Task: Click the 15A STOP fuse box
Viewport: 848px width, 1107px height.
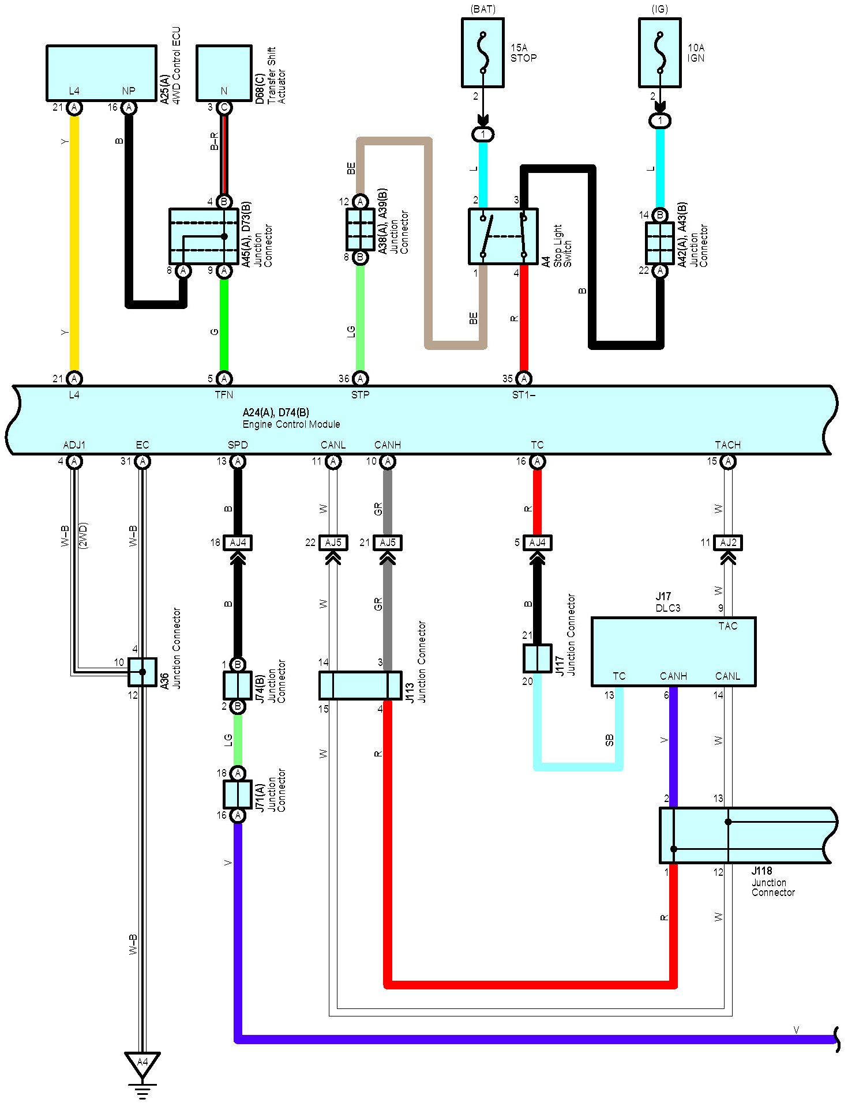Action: point(483,52)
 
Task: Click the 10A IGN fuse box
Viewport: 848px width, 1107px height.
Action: point(660,52)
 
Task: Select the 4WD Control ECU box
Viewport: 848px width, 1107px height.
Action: point(102,73)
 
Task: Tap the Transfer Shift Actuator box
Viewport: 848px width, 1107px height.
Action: point(224,73)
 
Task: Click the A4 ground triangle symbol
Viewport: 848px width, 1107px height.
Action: point(142,1064)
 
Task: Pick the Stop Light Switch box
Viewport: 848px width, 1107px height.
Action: point(503,236)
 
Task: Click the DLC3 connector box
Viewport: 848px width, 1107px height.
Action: point(674,652)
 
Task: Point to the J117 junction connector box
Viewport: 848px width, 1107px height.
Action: point(538,658)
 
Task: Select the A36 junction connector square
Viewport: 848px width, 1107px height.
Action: point(142,672)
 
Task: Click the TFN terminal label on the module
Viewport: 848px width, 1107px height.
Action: point(224,395)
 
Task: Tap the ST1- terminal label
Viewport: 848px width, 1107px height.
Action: point(524,395)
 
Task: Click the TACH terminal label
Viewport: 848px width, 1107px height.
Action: point(728,445)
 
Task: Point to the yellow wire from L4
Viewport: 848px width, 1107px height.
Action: point(74,243)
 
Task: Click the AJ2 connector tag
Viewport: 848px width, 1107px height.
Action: point(728,543)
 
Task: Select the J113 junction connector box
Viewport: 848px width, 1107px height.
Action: point(360,686)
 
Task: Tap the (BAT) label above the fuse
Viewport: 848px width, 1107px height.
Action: point(483,9)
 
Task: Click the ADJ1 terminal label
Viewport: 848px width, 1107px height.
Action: point(74,445)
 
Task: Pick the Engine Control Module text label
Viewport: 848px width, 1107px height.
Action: point(291,424)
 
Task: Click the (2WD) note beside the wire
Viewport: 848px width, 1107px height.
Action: point(83,536)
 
